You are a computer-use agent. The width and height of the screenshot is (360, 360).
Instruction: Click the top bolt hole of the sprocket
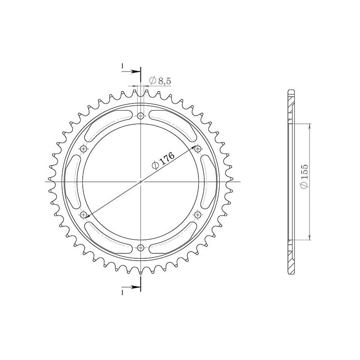141,117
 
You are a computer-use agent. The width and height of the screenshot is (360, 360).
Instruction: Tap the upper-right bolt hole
198,148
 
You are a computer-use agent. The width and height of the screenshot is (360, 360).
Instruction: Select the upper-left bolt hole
84,148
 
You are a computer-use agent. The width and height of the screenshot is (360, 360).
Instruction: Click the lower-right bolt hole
198,215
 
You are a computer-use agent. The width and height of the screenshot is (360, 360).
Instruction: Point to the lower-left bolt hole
84,215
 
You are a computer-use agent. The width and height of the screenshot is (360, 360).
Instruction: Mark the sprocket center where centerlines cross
141,182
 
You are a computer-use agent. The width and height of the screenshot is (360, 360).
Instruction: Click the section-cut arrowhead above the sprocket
137,72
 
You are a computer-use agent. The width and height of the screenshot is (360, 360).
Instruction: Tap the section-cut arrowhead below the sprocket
137,286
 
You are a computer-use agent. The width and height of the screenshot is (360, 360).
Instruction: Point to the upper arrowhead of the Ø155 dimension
310,127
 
